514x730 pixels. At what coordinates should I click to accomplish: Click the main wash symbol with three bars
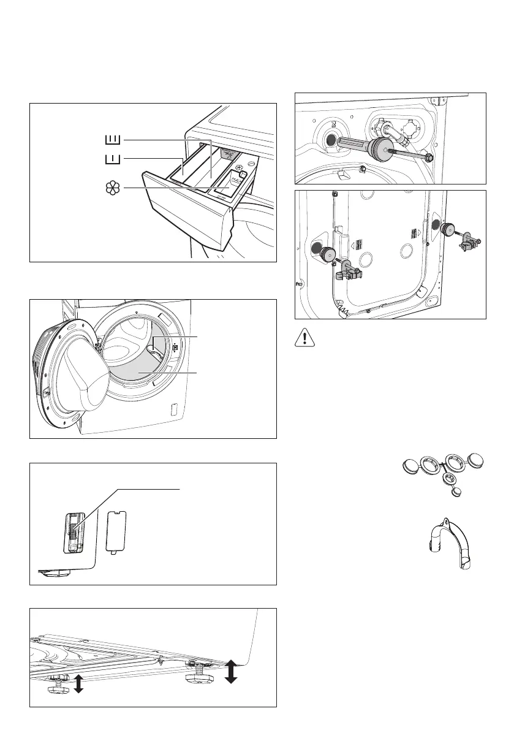point(113,140)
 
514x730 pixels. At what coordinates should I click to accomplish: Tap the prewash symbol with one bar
point(112,159)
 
